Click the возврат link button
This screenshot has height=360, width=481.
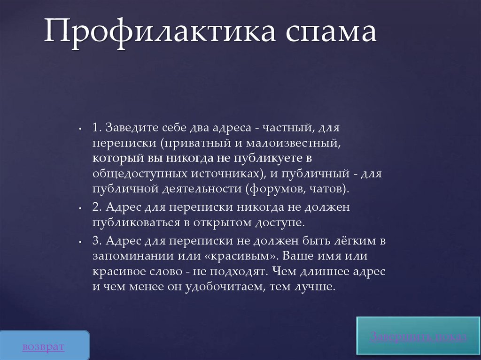click(x=43, y=347)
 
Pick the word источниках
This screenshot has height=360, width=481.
click(x=225, y=174)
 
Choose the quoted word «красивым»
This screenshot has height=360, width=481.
click(x=242, y=257)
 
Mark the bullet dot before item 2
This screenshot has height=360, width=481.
click(x=81, y=207)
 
